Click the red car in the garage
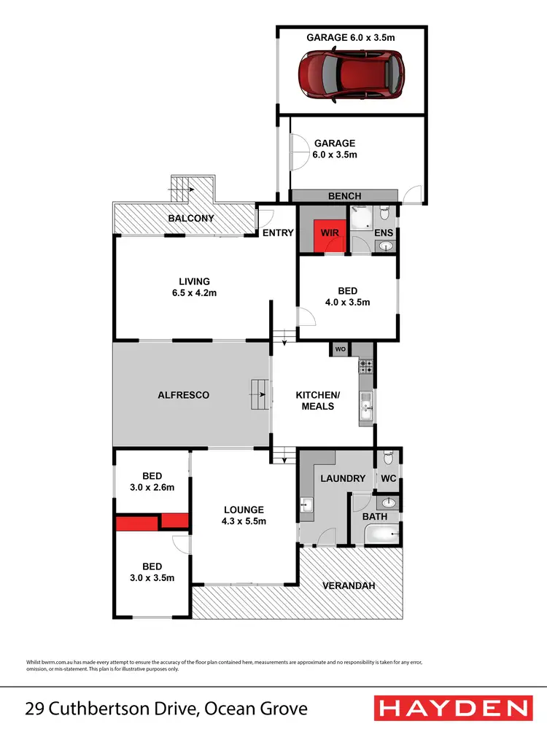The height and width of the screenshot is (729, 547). pyautogui.click(x=351, y=74)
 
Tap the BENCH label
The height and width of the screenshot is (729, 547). pyautogui.click(x=345, y=196)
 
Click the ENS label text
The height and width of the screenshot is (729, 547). pyautogui.click(x=384, y=233)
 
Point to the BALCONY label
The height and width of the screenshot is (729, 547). pyautogui.click(x=190, y=219)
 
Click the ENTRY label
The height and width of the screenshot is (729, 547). pyautogui.click(x=279, y=233)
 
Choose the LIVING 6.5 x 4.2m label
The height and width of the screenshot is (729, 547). pyautogui.click(x=194, y=286)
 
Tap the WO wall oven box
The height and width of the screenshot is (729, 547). pyautogui.click(x=341, y=349)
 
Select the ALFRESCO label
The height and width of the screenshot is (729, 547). pyautogui.click(x=184, y=395)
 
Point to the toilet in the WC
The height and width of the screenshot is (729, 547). pyautogui.click(x=388, y=457)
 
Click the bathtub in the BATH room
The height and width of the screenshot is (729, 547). pyautogui.click(x=381, y=536)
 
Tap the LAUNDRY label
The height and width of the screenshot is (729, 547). pyautogui.click(x=341, y=478)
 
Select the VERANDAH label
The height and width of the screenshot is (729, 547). pyautogui.click(x=350, y=585)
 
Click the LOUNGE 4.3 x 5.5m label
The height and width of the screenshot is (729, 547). pyautogui.click(x=244, y=515)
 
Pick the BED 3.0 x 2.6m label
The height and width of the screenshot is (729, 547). pyautogui.click(x=152, y=482)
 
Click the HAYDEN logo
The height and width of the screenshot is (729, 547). pyautogui.click(x=451, y=707)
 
